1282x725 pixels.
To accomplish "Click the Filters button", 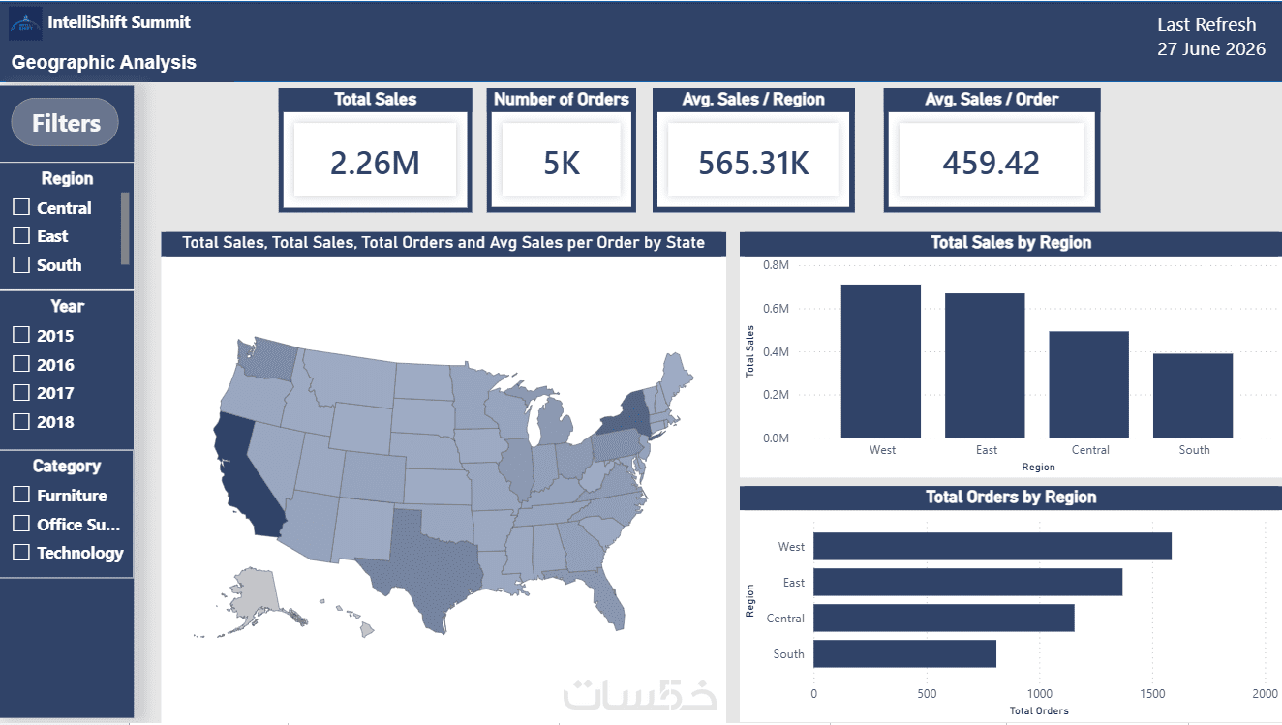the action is (65, 122).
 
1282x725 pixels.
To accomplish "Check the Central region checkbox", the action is (21, 206).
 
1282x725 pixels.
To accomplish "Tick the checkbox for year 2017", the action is (21, 392).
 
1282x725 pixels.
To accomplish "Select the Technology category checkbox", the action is (21, 552).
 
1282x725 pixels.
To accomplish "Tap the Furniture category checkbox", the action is (21, 495).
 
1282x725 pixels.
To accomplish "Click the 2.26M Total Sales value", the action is (375, 163).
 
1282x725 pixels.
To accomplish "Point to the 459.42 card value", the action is (991, 163).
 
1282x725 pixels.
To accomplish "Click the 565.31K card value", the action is (753, 163).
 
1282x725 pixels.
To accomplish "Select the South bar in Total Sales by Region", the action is (1193, 395).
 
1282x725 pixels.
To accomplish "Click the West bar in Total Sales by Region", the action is (881, 361).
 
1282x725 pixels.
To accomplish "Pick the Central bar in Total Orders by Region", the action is (944, 618).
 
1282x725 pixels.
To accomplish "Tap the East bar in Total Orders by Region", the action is (968, 582).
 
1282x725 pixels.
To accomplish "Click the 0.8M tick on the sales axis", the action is (776, 265).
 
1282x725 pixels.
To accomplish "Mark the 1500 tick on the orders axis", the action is (1151, 693).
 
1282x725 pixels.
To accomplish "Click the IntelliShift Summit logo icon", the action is (25, 23).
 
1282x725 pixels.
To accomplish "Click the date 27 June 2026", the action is (1211, 49).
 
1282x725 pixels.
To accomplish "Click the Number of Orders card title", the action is (561, 99).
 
